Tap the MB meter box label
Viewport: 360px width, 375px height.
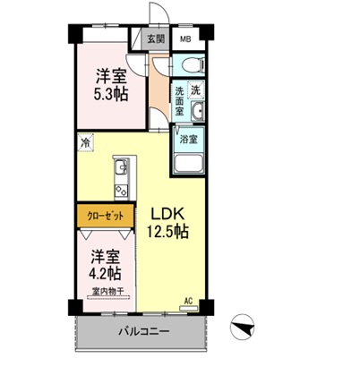click(x=186, y=40)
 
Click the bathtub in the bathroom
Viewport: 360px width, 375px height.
click(x=190, y=166)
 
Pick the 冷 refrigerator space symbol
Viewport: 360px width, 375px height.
click(x=85, y=142)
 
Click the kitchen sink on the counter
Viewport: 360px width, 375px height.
click(x=120, y=168)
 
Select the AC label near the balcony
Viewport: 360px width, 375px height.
click(x=188, y=302)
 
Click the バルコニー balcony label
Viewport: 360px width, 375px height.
click(x=141, y=334)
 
